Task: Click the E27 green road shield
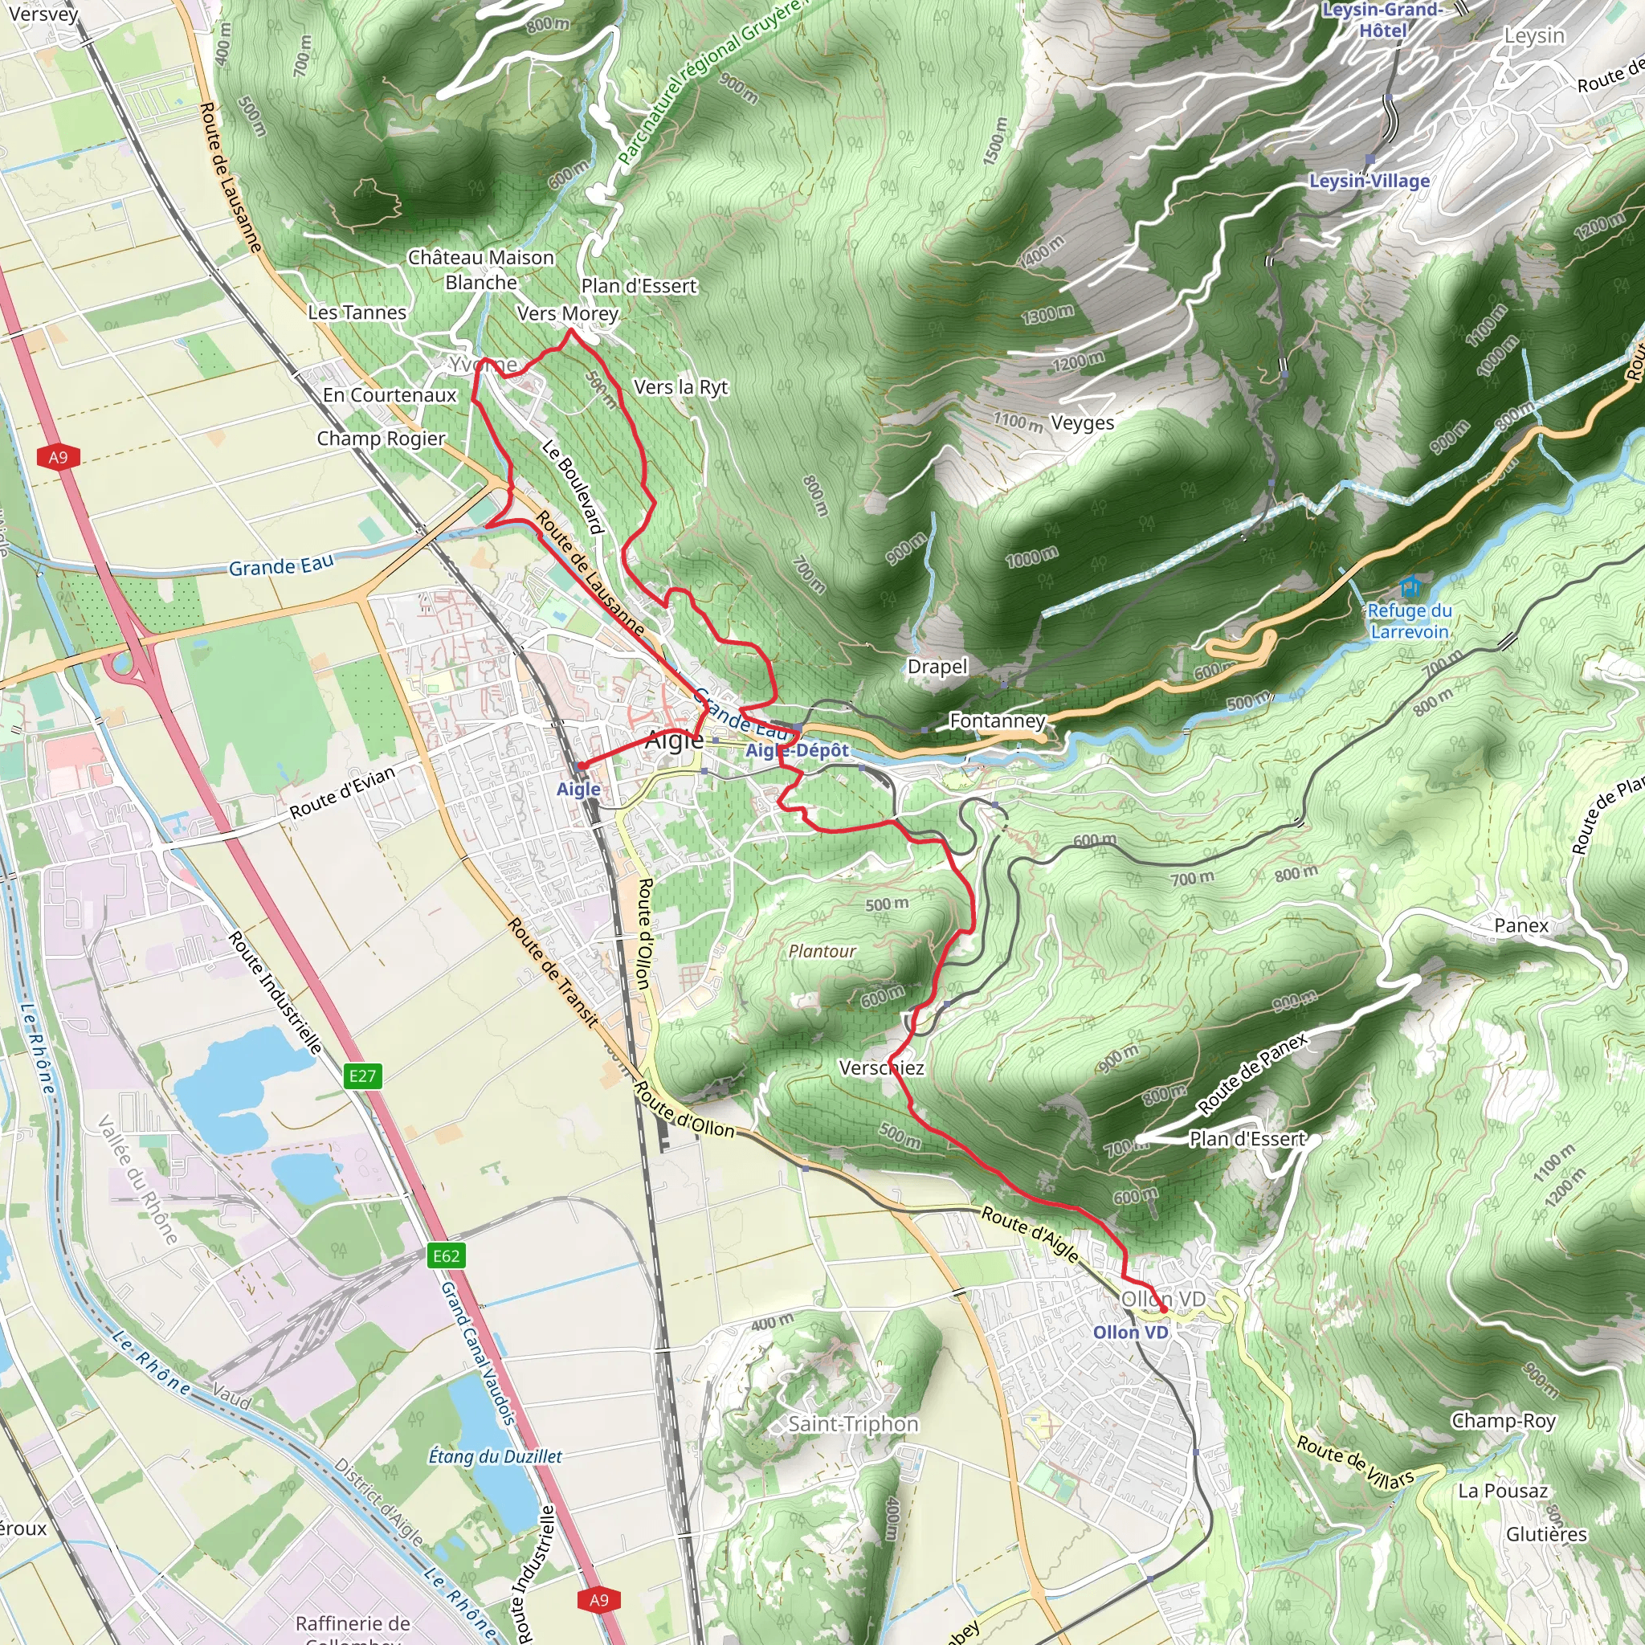tap(363, 1076)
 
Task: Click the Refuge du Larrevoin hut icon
tap(1410, 586)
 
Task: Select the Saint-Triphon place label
tap(853, 1423)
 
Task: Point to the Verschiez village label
tap(881, 1067)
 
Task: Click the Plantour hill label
tap(822, 951)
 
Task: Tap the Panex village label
tap(1521, 925)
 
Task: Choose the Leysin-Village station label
tap(1369, 182)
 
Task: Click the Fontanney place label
tap(997, 721)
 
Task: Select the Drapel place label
tap(937, 667)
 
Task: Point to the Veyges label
tap(1082, 423)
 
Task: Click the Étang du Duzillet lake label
tap(495, 1457)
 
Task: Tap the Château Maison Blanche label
tap(481, 270)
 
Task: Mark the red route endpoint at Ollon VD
tap(1164, 1309)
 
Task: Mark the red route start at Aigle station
tap(582, 765)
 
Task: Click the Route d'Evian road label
tap(342, 793)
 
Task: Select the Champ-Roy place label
tap(1504, 1420)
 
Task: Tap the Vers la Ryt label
tap(681, 387)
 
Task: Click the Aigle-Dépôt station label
tap(797, 751)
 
